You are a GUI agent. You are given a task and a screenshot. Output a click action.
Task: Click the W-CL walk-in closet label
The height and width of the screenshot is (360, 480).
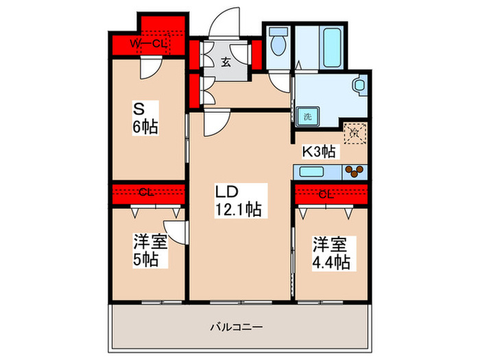click(149, 44)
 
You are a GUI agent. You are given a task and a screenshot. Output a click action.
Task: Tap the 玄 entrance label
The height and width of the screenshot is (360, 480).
click(226, 62)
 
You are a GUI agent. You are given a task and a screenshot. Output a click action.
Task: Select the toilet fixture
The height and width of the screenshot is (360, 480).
click(278, 45)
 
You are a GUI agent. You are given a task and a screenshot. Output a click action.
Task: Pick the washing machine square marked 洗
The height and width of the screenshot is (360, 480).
click(308, 117)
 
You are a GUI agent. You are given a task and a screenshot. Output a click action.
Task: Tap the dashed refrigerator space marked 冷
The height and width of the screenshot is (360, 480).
click(355, 132)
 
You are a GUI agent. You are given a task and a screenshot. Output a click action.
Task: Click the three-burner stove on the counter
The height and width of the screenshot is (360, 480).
click(355, 171)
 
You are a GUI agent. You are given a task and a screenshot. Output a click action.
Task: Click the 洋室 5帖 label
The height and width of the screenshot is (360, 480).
click(147, 250)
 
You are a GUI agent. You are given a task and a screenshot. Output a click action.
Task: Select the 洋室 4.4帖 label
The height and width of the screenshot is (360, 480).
click(332, 252)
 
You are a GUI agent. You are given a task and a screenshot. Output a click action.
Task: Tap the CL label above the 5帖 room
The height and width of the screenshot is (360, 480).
click(145, 193)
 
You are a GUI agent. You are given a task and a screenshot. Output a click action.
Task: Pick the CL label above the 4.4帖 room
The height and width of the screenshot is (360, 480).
click(326, 194)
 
